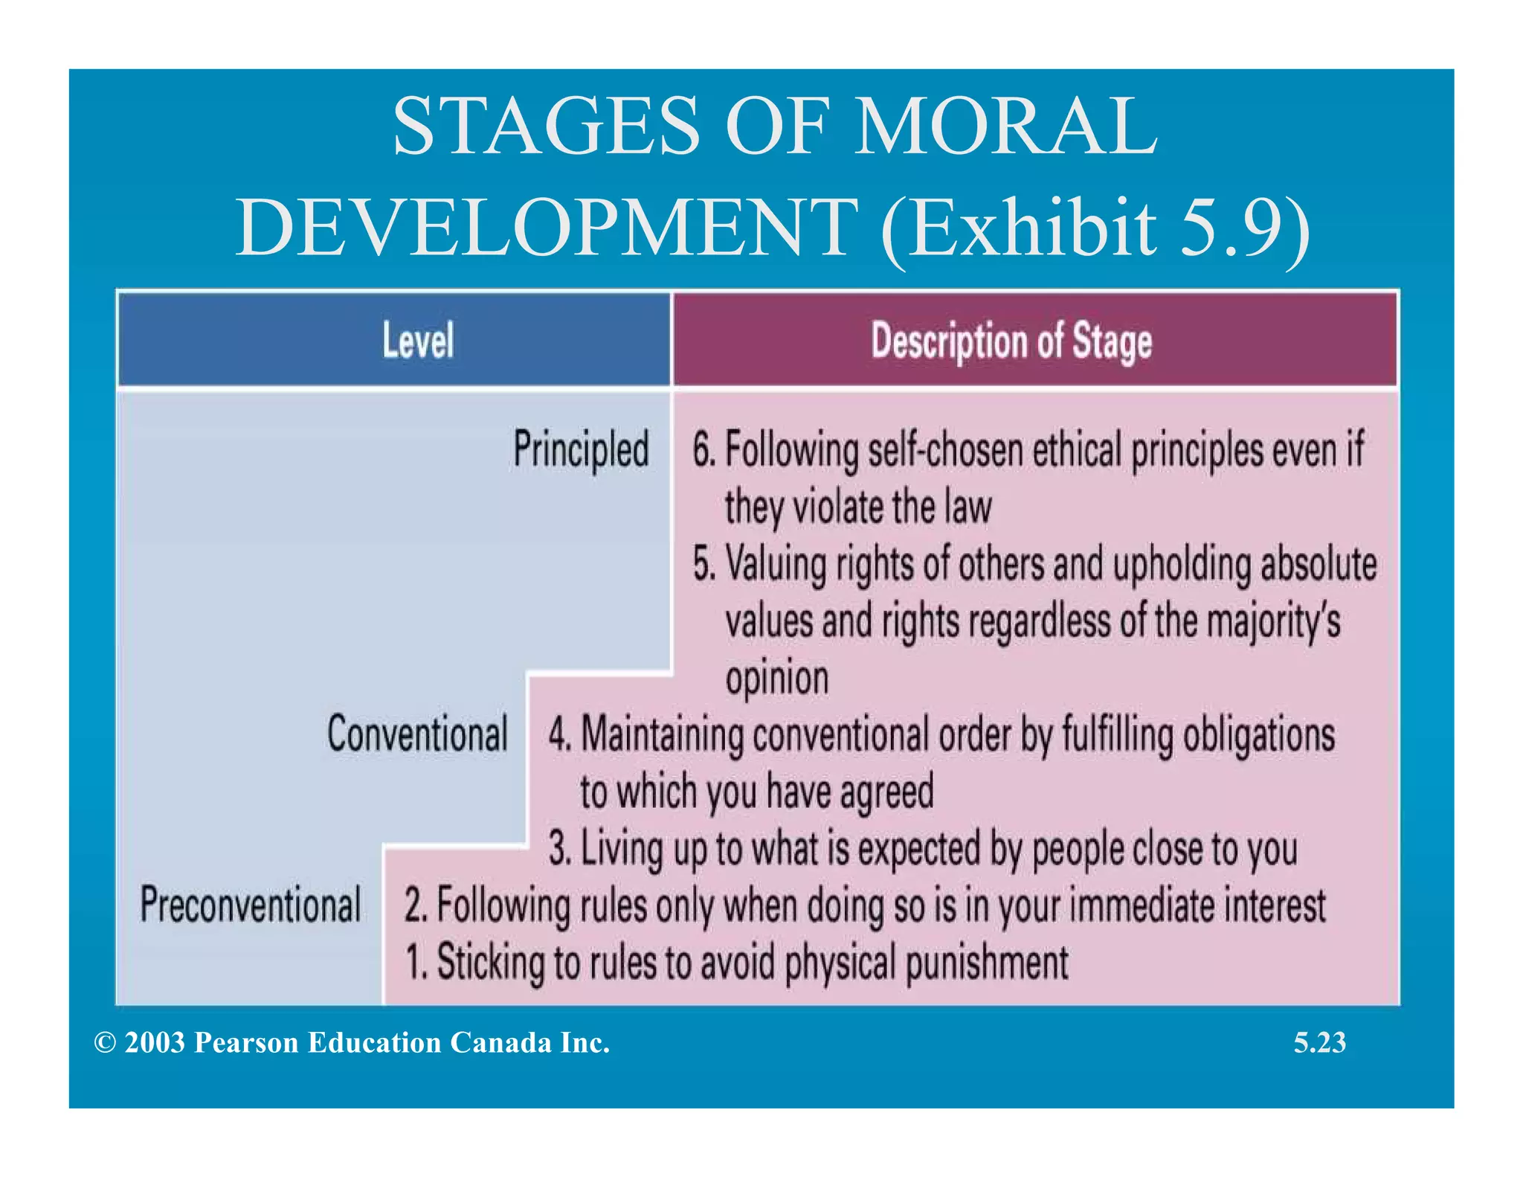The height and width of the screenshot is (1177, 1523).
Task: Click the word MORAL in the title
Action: (x=1005, y=126)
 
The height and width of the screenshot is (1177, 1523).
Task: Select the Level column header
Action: (x=418, y=341)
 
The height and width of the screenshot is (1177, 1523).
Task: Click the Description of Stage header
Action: (x=1011, y=341)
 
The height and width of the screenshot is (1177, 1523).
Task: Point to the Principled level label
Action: (x=581, y=449)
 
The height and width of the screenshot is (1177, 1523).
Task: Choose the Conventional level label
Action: (x=417, y=734)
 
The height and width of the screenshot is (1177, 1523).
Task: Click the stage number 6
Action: (x=702, y=450)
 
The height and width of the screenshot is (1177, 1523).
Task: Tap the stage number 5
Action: (x=702, y=564)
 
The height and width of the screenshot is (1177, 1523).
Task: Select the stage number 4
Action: (x=558, y=734)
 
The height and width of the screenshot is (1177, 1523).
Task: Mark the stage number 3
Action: (x=558, y=849)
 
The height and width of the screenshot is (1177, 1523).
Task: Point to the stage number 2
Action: (x=413, y=905)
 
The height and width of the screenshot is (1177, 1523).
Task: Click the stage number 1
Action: (x=413, y=962)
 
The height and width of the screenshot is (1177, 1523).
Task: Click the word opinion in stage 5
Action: (x=776, y=679)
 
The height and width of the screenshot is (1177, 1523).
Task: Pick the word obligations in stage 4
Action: (x=1259, y=735)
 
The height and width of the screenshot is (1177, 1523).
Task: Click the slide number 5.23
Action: (x=1319, y=1043)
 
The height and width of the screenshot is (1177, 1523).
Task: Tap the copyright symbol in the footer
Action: (x=105, y=1043)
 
